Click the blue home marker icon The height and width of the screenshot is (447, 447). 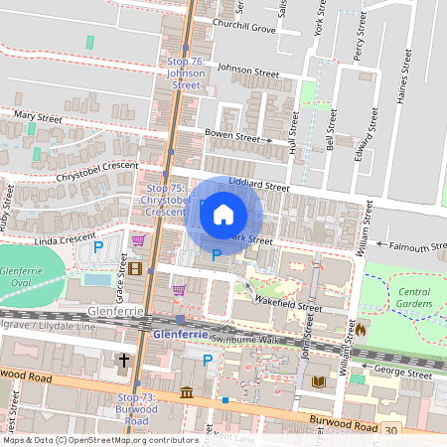(223, 215)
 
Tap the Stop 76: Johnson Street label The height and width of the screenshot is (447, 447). (186, 74)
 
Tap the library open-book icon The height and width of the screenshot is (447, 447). (318, 381)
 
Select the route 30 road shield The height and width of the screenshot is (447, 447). (391, 430)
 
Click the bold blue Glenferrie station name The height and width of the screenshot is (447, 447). (181, 335)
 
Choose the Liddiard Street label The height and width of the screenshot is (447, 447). (258, 186)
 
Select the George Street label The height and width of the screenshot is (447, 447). (403, 372)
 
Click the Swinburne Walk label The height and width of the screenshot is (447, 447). (240, 339)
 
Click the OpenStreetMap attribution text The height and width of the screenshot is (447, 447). (100, 439)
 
